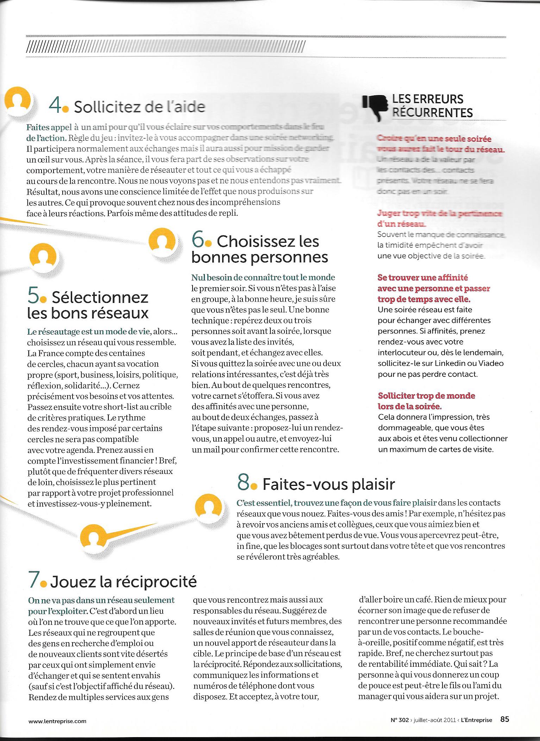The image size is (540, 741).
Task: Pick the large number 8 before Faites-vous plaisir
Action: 244,483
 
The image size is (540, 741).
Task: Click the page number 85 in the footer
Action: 504,719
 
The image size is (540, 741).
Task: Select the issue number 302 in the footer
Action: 404,720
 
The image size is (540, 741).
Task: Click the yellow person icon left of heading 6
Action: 162,240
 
